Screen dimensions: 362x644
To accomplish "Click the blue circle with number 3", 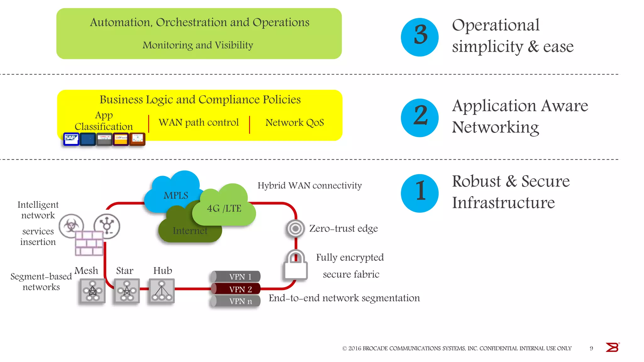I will [419, 37].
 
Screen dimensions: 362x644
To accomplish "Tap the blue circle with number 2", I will [419, 118].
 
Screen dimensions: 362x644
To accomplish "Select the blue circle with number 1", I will [419, 193].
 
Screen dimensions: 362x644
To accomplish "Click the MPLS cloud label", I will [176, 195].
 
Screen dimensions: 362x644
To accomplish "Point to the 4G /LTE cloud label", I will [224, 208].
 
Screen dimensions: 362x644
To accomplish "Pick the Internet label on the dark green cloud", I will [190, 231].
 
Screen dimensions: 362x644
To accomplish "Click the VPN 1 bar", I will [236, 277].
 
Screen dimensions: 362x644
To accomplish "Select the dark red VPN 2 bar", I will [236, 289].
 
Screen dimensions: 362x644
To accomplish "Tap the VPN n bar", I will [236, 301].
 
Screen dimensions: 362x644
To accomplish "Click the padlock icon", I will [295, 266].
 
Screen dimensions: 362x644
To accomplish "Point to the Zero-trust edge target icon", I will [295, 228].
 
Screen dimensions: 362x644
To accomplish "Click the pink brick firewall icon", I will [89, 243].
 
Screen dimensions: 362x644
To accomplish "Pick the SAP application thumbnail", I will [71, 139].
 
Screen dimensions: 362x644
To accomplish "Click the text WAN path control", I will [198, 122].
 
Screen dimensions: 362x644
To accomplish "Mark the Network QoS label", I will [294, 123].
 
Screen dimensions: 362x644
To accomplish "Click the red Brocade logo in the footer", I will [612, 347].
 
